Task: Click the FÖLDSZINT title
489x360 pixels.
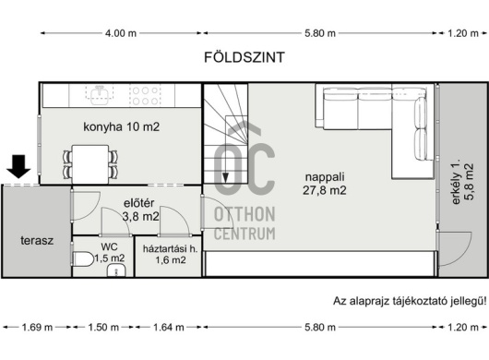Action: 244,57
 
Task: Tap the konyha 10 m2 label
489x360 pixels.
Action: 121,127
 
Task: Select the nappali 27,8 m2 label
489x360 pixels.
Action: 325,184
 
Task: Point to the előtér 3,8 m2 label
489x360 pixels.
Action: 140,210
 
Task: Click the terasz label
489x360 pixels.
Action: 37,241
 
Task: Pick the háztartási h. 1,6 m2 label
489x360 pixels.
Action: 171,254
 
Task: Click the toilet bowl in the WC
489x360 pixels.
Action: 83,259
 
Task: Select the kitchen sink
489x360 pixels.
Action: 99,95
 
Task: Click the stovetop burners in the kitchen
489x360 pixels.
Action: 145,95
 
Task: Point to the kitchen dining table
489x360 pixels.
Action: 90,164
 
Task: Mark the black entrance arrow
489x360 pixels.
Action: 18,167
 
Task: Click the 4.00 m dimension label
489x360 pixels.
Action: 121,33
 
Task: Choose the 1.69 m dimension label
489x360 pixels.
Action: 37,328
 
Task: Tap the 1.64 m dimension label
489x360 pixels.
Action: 169,328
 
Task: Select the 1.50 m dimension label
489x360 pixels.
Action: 103,328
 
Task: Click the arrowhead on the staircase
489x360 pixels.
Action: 225,178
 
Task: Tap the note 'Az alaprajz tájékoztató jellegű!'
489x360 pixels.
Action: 410,301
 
